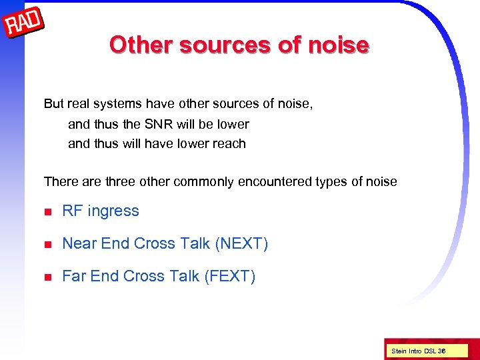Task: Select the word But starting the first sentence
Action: [x=55, y=104]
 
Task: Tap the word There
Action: [x=60, y=181]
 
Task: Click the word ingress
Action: [x=113, y=211]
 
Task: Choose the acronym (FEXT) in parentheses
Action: [x=229, y=276]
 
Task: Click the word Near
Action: [x=79, y=244]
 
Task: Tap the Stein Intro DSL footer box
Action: [x=419, y=351]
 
